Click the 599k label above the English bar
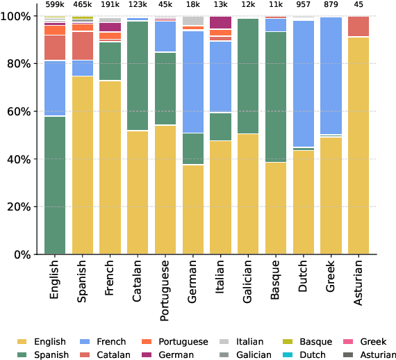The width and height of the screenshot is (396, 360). point(55,5)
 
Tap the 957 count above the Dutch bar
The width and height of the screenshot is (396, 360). point(303,5)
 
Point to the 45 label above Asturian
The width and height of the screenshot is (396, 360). point(358,5)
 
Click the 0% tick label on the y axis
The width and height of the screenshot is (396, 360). point(23,255)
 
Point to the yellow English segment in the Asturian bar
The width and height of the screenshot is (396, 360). point(358,146)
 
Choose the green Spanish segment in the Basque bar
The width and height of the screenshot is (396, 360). point(276,97)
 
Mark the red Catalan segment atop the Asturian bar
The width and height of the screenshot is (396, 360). point(358,26)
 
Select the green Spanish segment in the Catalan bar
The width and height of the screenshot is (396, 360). point(138,76)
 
